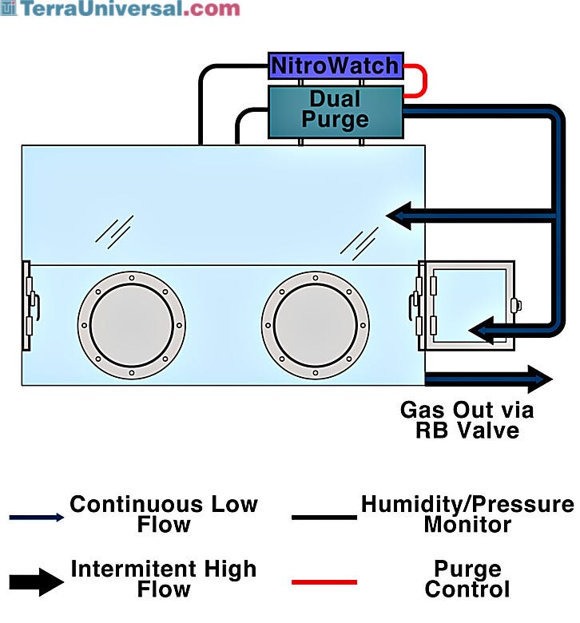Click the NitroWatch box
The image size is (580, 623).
coord(336,65)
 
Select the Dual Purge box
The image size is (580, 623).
coord(336,112)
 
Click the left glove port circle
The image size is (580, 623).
coord(132,325)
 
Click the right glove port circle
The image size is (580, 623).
coord(316,325)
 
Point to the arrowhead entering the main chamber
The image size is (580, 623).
coord(399,216)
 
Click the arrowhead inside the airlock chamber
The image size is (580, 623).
coord(482,330)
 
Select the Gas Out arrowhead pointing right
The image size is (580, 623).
coord(540,379)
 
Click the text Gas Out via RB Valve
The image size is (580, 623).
coord(467,420)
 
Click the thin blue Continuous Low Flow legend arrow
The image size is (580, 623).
coord(37,518)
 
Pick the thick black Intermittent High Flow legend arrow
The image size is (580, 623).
coord(37,582)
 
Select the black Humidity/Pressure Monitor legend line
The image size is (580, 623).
coord(324,518)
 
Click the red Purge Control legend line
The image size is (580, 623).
coord(324,582)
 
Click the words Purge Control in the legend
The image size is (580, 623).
coord(467,579)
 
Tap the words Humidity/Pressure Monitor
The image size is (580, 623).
coord(467,514)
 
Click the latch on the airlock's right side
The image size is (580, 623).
coord(516,306)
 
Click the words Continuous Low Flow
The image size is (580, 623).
coord(164,514)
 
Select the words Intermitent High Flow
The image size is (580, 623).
coord(164,579)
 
